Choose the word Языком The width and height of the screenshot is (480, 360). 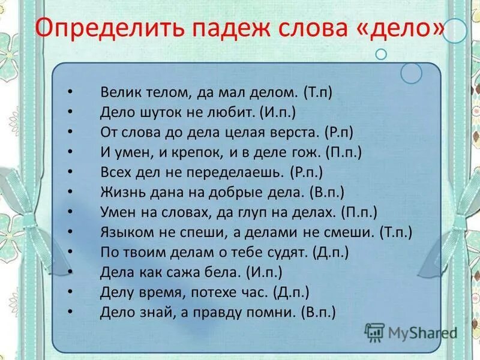[x=124, y=232]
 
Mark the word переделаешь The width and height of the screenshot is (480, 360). [x=236, y=172]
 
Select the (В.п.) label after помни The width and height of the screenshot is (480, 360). [x=317, y=312]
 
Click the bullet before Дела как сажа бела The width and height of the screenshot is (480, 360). [x=71, y=272]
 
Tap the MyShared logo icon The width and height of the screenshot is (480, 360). [x=374, y=332]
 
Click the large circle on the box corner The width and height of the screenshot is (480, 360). [x=412, y=73]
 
